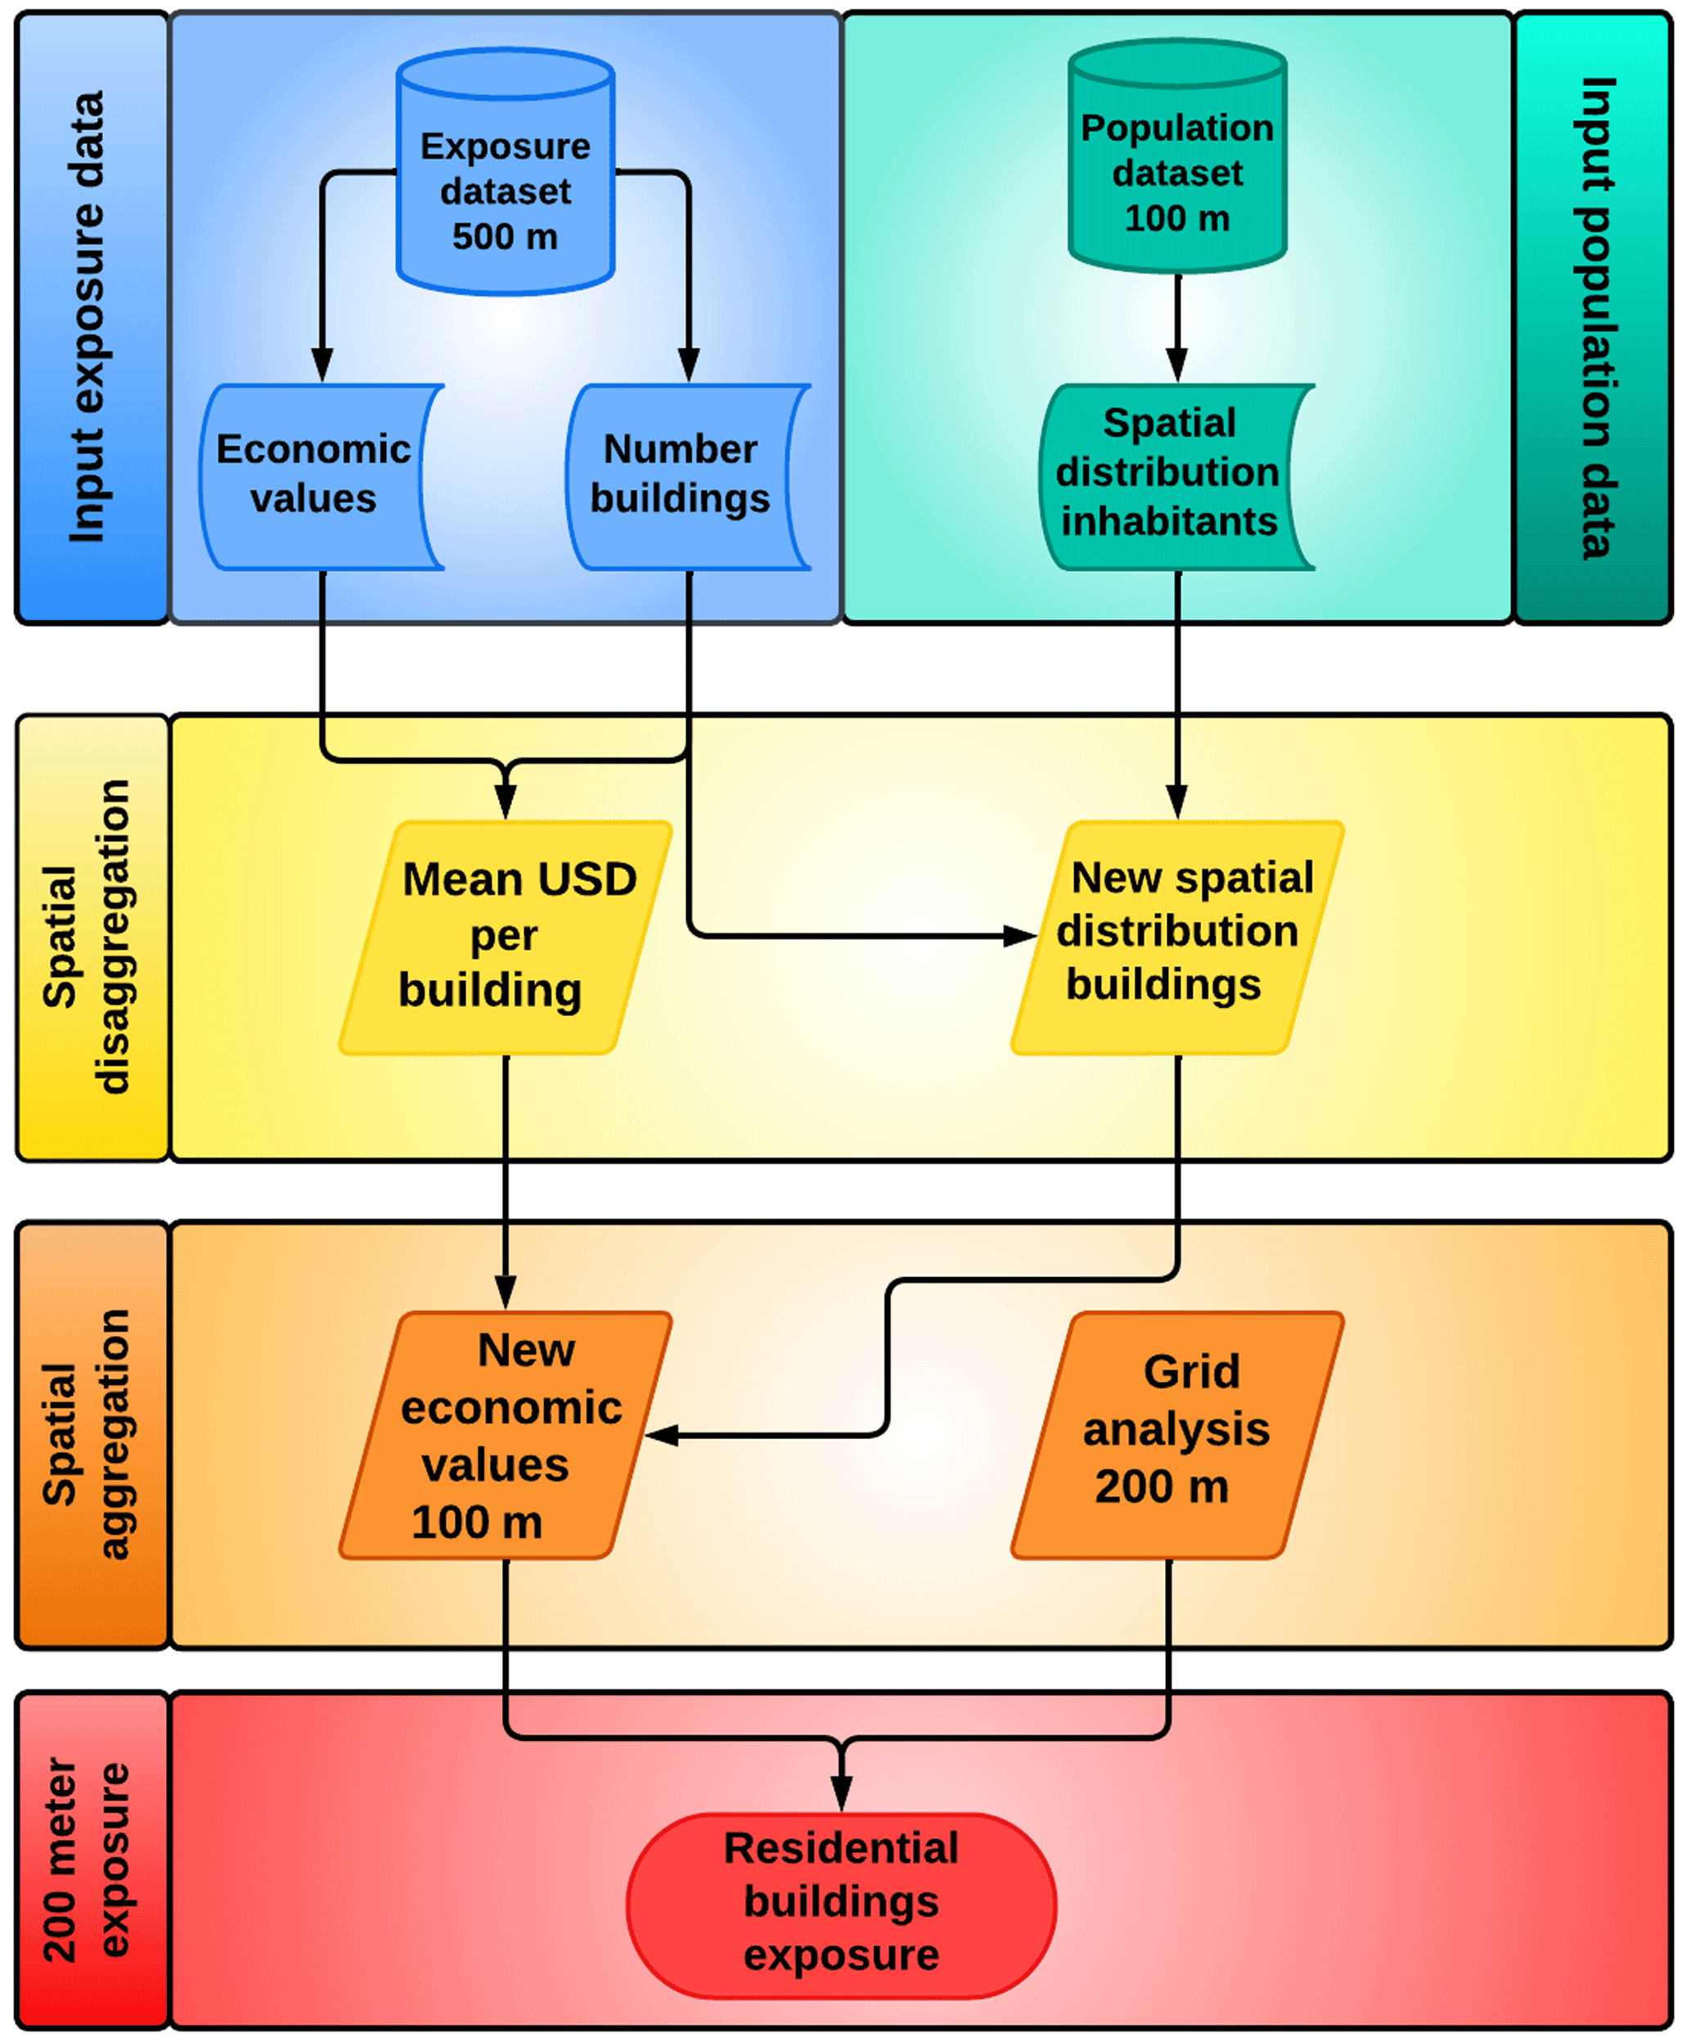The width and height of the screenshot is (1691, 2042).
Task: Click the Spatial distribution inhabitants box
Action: (x=1169, y=476)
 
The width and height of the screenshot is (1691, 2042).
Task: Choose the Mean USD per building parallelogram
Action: (x=505, y=938)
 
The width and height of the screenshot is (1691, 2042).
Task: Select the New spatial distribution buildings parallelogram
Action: (x=1176, y=938)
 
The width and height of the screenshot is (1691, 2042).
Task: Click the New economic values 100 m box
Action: (x=505, y=1435)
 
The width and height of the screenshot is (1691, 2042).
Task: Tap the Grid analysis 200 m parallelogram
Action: (x=1176, y=1435)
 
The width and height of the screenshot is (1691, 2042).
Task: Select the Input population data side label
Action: (x=1594, y=317)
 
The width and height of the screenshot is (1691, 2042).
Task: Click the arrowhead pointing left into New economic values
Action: (x=662, y=1435)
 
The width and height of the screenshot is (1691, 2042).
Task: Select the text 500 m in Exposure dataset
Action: (x=505, y=236)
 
